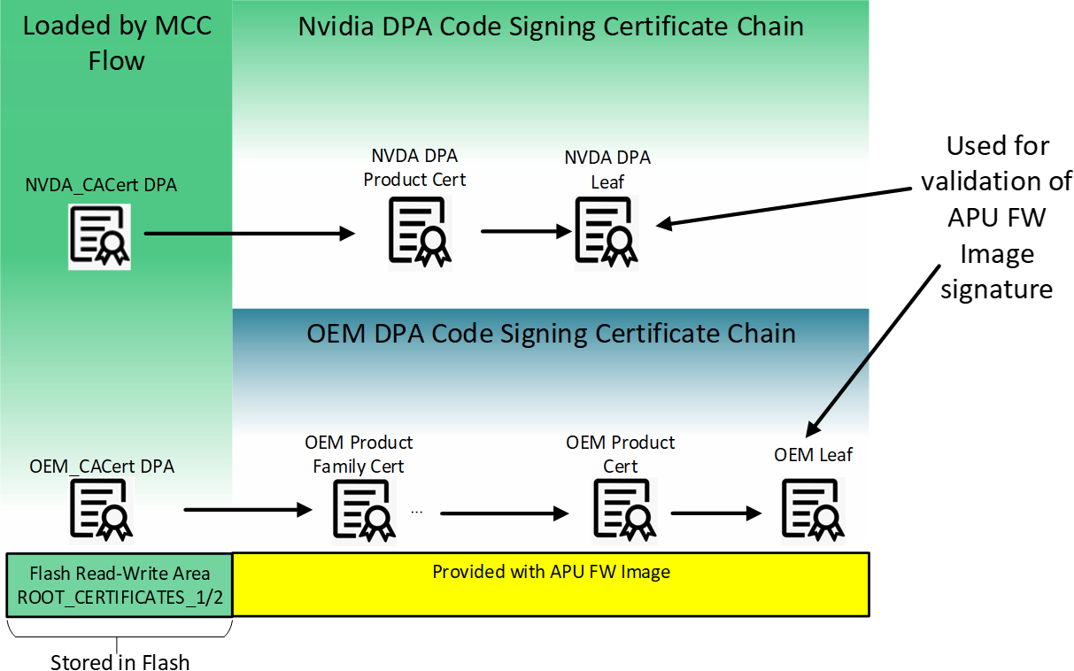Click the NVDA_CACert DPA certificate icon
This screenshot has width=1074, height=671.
pos(99,236)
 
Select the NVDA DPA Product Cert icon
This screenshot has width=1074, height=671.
pos(418,231)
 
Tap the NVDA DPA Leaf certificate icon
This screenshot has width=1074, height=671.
pos(607,229)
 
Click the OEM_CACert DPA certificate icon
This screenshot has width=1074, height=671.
pos(100,510)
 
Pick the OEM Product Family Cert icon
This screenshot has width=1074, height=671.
pos(364,509)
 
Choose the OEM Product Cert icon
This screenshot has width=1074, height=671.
pos(622,509)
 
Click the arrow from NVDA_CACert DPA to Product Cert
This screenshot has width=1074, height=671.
pos(248,234)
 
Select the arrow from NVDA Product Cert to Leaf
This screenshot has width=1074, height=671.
pos(525,232)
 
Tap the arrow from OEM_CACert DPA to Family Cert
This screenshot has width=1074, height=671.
pos(248,511)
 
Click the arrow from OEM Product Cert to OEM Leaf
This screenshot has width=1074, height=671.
pos(715,513)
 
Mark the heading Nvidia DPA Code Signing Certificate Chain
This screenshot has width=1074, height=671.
pos(550,26)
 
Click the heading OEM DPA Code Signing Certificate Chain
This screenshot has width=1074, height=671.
pos(550,334)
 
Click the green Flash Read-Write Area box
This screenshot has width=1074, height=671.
pos(119,585)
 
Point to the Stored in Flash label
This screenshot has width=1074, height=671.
pos(120,662)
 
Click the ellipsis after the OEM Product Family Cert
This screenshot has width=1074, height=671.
pos(417,512)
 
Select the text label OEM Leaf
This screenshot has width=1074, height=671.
pos(813,455)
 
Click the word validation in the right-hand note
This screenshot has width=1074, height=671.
pos(996,181)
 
